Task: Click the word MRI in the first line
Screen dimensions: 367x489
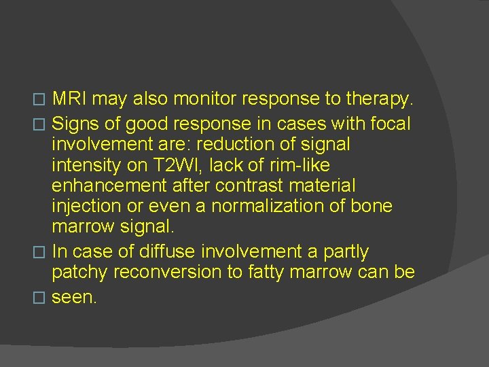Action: pyautogui.click(x=69, y=99)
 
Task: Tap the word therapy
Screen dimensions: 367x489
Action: pyautogui.click(x=378, y=99)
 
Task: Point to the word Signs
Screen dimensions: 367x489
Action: pyautogui.click(x=75, y=123)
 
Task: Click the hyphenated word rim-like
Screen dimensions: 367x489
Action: pyautogui.click(x=312, y=165)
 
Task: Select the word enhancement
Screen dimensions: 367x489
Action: pyautogui.click(x=105, y=186)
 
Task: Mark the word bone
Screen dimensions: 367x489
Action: pyautogui.click(x=372, y=206)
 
